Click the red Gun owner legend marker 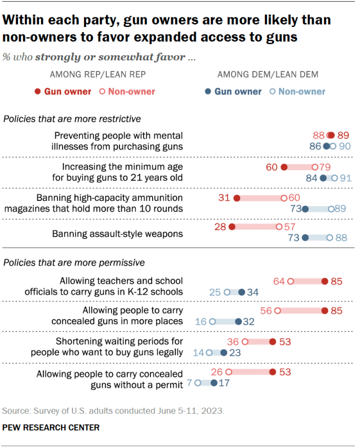[38, 92]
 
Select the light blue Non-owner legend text [301, 92]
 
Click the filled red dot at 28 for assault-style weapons [230, 226]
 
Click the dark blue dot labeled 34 [241, 292]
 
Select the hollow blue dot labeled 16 [212, 322]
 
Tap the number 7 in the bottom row [190, 383]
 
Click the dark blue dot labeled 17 [214, 383]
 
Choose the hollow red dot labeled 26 [229, 372]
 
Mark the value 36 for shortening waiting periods [233, 342]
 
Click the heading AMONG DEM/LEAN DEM [268, 74]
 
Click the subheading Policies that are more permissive [74, 262]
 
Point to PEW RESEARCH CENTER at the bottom [51, 428]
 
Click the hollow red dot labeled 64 [291, 281]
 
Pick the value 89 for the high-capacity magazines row [340, 209]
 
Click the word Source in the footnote [15, 410]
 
